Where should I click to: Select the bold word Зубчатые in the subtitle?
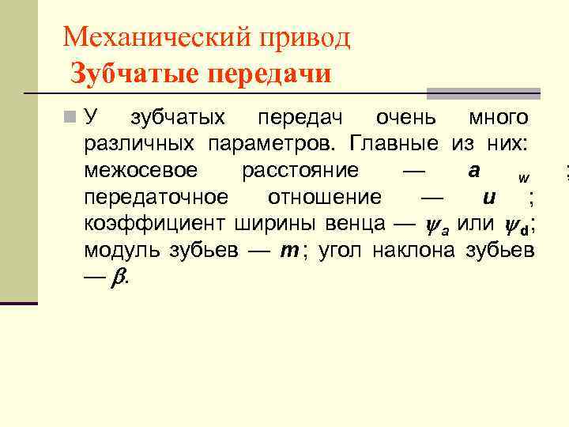(134, 74)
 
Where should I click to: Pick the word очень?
(405, 119)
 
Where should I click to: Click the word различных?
(139, 145)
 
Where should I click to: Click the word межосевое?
(141, 171)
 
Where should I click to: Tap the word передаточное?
(156, 197)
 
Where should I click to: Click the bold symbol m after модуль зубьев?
(289, 250)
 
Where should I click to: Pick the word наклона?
(409, 250)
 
